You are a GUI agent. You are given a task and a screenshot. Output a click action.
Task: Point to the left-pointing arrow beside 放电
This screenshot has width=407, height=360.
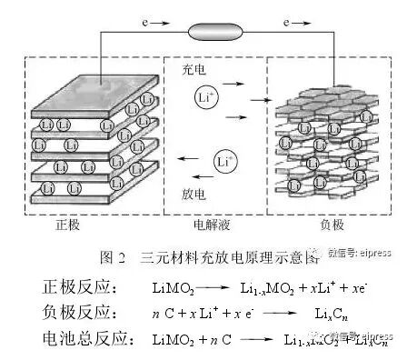(x=190, y=162)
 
